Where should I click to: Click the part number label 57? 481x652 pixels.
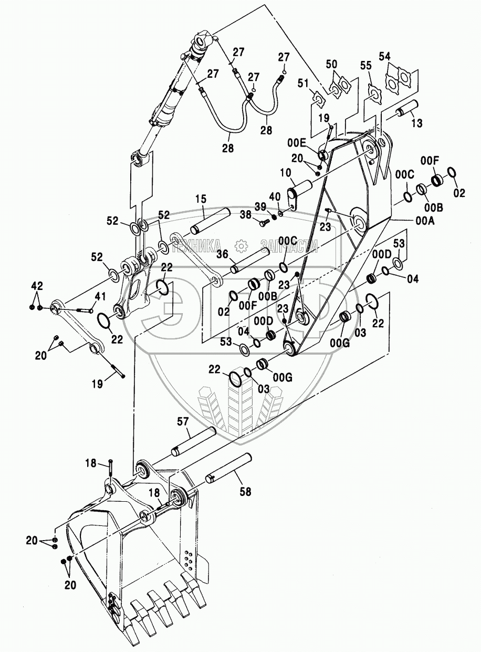coord(183,421)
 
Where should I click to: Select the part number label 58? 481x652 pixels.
coord(245,492)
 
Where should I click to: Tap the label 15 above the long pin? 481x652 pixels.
coord(201,200)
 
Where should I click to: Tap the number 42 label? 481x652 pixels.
coord(36,286)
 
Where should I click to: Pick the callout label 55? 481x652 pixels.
coord(365,65)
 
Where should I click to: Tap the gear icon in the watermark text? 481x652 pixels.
coord(240,245)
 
